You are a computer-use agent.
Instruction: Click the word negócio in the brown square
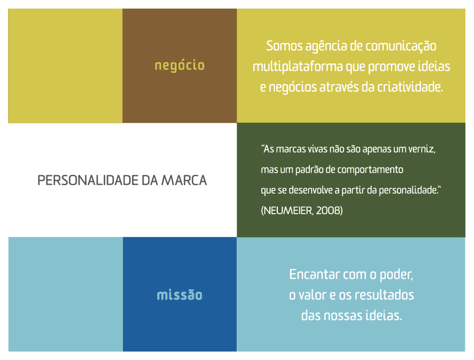180,66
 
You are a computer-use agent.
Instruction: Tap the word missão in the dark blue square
180,295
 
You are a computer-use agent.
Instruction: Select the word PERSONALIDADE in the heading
88,181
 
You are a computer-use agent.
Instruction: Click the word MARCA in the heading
184,181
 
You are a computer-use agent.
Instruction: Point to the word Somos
284,46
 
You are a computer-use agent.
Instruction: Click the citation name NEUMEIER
288,210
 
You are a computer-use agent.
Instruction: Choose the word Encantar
313,274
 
